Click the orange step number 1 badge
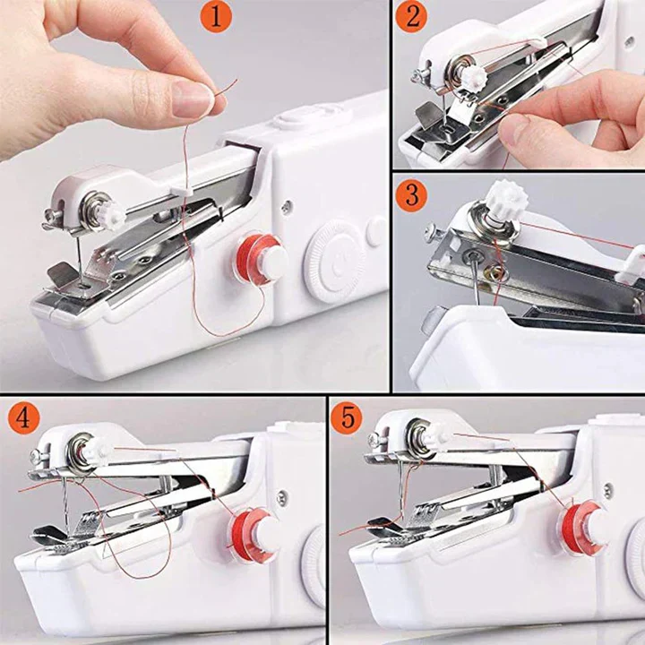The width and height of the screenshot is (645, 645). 216,17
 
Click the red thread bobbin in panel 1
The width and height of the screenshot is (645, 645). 261,261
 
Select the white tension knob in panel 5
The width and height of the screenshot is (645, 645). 435,436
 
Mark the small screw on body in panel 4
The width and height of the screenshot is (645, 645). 282,496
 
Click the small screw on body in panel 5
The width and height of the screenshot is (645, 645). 609,491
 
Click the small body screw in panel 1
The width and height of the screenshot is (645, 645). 286,207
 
